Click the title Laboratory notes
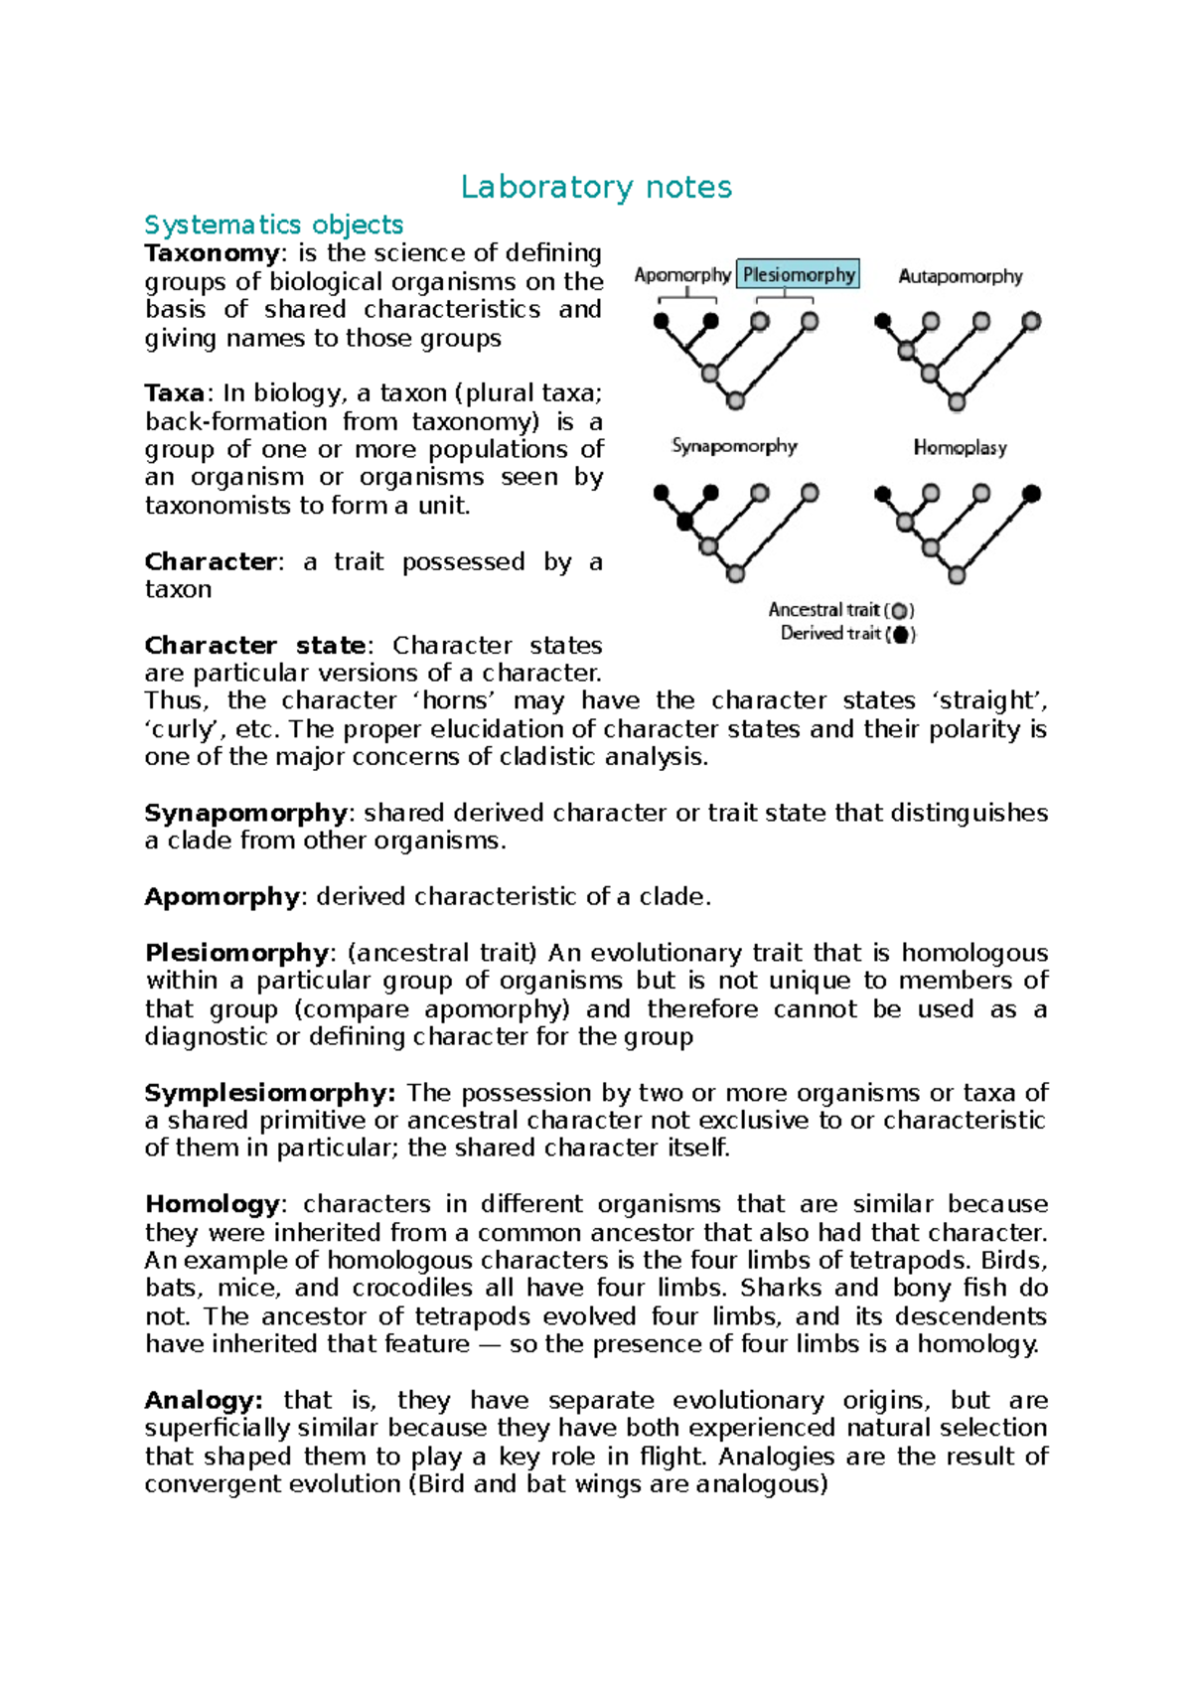tap(596, 187)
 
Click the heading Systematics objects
tap(274, 225)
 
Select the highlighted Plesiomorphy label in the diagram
tap(798, 274)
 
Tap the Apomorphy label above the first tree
tap(682, 275)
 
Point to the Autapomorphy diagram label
tap(960, 276)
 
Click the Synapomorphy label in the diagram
tap(734, 446)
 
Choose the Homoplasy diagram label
tap(960, 448)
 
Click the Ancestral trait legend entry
tap(840, 610)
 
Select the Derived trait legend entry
tap(847, 634)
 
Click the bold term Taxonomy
tap(212, 253)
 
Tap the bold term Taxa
tap(174, 393)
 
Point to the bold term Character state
tap(255, 646)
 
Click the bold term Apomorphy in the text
tap(221, 897)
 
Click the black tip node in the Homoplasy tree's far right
tap(1031, 493)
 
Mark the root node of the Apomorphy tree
tap(735, 400)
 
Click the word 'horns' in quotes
tap(454, 701)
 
